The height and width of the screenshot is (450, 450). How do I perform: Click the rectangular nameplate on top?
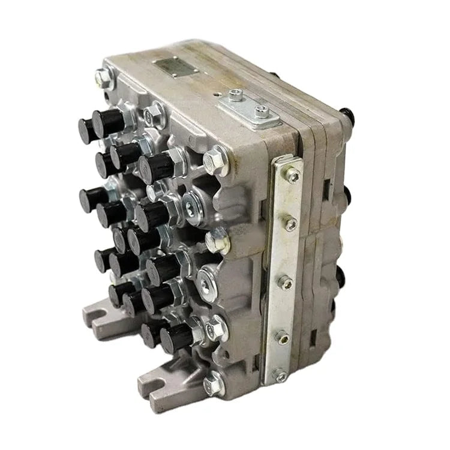pos(173,67)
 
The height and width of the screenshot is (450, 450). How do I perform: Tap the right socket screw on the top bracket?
pos(260,110)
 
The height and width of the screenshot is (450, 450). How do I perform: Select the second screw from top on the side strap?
pos(290,224)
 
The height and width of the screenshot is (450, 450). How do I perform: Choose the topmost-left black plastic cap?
pos(89,128)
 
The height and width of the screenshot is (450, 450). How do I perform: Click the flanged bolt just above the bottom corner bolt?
pos(216,327)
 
